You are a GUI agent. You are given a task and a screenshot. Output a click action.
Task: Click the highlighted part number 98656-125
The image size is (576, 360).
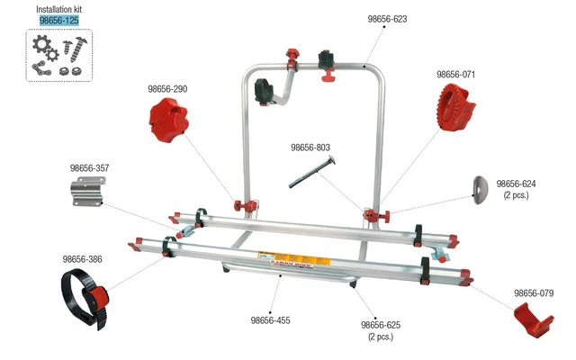[x=59, y=20]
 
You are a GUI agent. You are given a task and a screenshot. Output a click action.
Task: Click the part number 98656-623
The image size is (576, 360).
[x=387, y=18]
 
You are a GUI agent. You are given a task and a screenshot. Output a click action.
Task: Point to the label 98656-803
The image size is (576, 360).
[x=310, y=148]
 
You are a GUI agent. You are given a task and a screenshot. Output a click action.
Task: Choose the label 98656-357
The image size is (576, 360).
[x=89, y=167]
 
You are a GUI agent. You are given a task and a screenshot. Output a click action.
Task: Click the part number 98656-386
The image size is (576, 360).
[x=83, y=259]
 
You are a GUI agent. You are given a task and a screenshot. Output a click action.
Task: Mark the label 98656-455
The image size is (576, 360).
[x=270, y=320]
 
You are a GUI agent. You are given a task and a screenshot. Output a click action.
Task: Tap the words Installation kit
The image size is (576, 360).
[x=59, y=8]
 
